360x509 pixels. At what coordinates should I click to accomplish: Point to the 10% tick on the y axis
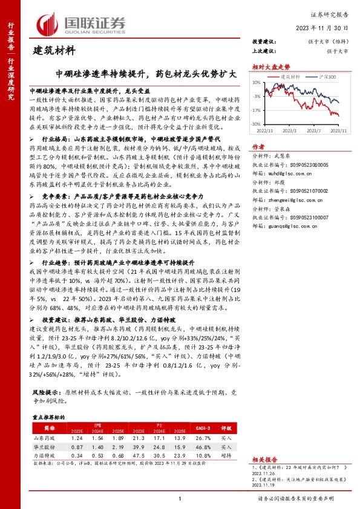click(x=257, y=83)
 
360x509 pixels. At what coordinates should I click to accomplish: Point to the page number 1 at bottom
click(x=180, y=498)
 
